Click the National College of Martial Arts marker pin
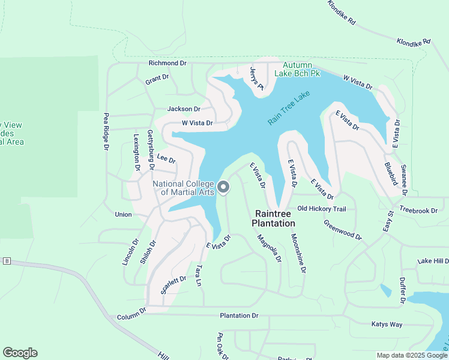click(223, 188)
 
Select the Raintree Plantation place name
click(275, 218)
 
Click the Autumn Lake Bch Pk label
click(298, 69)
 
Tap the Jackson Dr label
click(183, 109)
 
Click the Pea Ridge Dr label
click(106, 131)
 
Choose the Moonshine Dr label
click(298, 254)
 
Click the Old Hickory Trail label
click(322, 209)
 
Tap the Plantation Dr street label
click(239, 316)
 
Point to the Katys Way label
click(386, 325)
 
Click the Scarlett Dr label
click(173, 286)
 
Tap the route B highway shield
click(7, 261)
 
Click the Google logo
click(20, 353)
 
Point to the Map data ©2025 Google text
click(411, 355)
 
